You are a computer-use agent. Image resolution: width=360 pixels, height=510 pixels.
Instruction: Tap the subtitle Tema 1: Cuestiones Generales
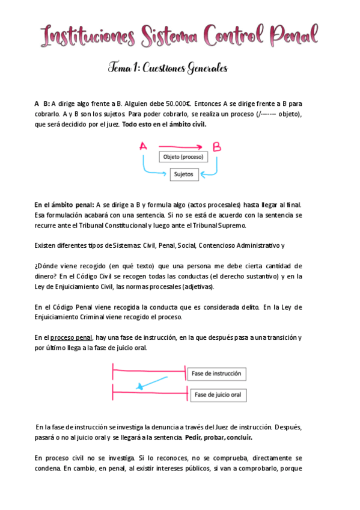168,69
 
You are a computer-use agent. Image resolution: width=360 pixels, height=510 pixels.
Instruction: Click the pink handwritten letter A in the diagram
143,146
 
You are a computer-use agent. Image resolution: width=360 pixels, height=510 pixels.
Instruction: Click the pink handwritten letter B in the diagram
216,146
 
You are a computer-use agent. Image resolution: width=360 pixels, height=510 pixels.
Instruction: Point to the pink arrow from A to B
180,146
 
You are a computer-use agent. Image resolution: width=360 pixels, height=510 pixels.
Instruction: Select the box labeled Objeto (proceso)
183,158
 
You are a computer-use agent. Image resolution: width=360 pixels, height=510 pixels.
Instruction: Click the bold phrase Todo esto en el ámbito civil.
164,124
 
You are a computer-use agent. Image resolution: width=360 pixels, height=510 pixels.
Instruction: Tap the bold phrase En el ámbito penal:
64,205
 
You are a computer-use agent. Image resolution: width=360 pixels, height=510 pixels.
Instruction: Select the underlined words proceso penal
72,337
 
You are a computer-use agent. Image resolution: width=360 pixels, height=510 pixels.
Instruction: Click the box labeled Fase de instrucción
216,374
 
